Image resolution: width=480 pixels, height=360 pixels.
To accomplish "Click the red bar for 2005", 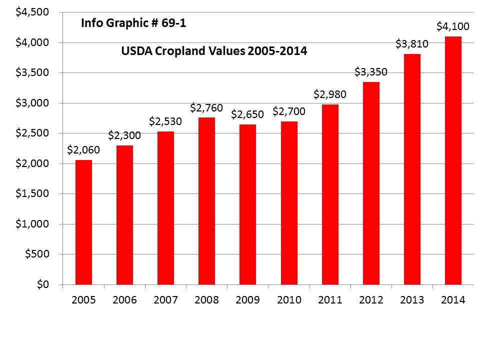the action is (x=83, y=222).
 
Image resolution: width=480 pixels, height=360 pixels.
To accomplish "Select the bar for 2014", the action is (x=453, y=160).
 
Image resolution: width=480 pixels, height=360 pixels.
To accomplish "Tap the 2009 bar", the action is (x=247, y=204).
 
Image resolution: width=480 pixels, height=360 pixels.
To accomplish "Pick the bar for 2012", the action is (x=371, y=183).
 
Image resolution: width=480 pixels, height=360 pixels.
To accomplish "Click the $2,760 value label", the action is (x=206, y=108).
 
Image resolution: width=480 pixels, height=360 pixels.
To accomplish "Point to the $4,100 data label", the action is (x=453, y=26).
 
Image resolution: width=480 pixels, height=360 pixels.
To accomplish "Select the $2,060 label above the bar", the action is (x=83, y=149).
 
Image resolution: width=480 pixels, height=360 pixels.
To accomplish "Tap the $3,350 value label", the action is (x=371, y=71).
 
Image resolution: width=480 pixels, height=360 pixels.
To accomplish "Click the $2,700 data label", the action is (x=289, y=111).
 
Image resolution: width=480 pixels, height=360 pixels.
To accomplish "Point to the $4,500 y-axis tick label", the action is (x=32, y=12).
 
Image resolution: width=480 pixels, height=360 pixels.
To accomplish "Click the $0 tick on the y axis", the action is (x=43, y=284).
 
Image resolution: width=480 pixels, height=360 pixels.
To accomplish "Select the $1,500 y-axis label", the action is (x=32, y=193).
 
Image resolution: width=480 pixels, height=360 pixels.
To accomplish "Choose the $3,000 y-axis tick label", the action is (x=32, y=103).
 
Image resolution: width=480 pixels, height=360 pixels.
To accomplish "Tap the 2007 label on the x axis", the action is (x=165, y=299).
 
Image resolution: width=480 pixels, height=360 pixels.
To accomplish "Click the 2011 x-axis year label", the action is (x=330, y=299).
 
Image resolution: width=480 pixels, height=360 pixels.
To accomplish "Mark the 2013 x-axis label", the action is (x=412, y=299).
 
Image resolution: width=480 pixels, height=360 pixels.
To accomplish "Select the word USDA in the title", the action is (x=137, y=51).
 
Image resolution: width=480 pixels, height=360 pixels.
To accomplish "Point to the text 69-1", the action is (x=173, y=23).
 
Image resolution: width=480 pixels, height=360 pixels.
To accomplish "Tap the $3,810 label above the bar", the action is (x=412, y=44).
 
